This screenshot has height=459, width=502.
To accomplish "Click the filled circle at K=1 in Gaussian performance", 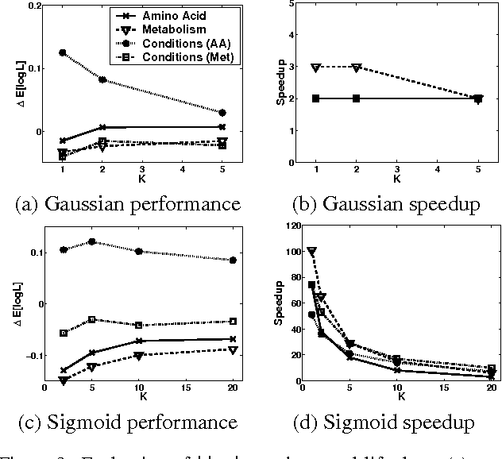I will [62, 52].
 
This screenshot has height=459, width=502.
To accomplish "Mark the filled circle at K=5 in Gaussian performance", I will [222, 113].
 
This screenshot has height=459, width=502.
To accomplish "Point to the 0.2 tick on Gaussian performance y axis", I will [34, 6].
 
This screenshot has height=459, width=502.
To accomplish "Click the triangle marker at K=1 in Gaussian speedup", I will [315, 67].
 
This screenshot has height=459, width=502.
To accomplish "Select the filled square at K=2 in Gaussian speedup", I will [356, 98].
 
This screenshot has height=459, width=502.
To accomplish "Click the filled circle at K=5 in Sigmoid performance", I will [91, 241].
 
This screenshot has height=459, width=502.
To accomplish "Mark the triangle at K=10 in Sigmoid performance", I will [138, 356].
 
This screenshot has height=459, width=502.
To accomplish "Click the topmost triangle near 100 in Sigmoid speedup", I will [311, 252].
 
